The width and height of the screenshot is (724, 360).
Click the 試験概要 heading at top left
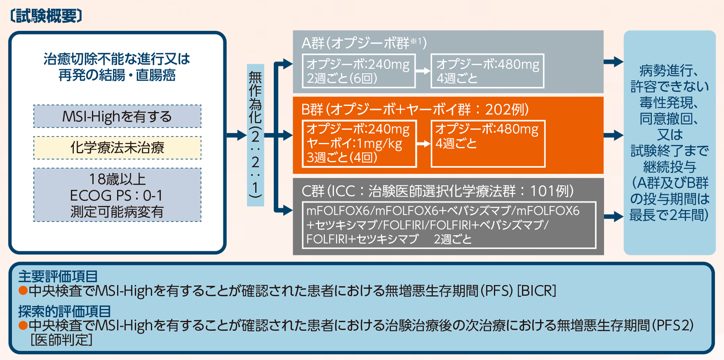pos(46,16)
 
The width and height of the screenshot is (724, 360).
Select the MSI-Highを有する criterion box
pos(117,116)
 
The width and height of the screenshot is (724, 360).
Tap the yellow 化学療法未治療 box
pos(117,148)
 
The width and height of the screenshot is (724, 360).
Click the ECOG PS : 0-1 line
pos(117,195)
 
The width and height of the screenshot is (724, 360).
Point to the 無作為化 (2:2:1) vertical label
pos(255,135)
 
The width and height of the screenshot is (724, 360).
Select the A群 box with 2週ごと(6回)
pos(358,71)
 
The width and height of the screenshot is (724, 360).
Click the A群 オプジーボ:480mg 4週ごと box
pos(487,71)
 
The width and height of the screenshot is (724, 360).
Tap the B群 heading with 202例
pos(415,109)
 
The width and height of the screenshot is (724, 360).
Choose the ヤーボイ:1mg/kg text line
pos(354,143)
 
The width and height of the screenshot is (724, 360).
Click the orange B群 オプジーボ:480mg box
pos(488,143)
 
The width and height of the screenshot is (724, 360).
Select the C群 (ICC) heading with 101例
pos(437,191)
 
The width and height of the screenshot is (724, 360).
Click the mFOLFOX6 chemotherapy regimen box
pos(449,225)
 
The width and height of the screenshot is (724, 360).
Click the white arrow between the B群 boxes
pos(423,144)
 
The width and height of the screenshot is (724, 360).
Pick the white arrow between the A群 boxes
pos(423,71)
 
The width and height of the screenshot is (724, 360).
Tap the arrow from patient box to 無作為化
pos(236,135)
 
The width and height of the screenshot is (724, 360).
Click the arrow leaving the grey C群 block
pos(614,217)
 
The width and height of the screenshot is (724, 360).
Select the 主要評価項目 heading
pos(58,276)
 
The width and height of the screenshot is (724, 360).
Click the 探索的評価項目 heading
pos(64,311)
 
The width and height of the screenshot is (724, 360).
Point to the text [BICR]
pos(536,291)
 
